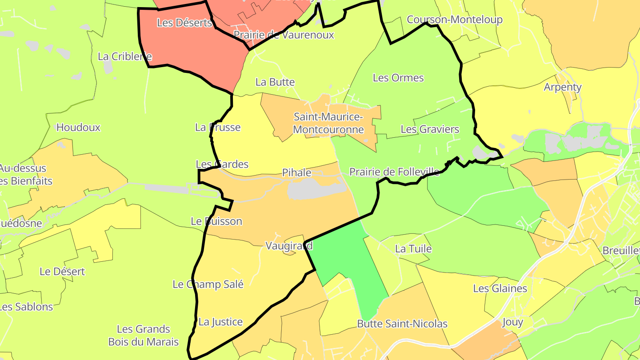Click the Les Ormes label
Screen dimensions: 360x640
coord(398,78)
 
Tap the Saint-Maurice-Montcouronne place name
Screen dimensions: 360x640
coord(328,124)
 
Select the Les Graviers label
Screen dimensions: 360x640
coord(430,129)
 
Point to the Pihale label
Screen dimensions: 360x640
coord(296,173)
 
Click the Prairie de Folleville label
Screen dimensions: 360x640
coord(394,172)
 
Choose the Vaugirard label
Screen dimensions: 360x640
coord(289,246)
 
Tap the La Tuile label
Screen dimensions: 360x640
coord(413,249)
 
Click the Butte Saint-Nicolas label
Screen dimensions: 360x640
coord(402,324)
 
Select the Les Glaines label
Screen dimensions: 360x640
coord(500,289)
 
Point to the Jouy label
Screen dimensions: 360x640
coord(512,322)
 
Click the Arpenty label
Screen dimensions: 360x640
coord(563,87)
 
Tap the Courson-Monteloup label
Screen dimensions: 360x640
coord(455,20)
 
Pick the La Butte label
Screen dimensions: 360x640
coord(275,82)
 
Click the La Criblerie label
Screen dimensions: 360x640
coord(124,56)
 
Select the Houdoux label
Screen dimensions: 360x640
coord(78,128)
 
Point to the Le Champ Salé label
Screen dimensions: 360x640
coord(208,284)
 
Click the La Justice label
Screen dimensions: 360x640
coord(220,322)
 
